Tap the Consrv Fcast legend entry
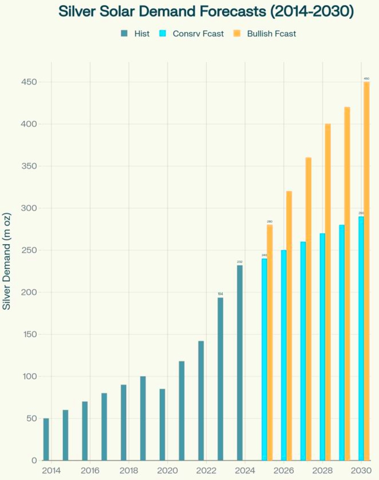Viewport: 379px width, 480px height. click(x=191, y=34)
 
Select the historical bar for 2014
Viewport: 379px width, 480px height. click(x=46, y=439)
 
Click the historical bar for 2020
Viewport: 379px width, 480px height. click(x=162, y=425)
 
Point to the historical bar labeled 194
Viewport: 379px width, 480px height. click(x=220, y=378)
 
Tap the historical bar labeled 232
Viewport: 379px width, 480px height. click(x=240, y=363)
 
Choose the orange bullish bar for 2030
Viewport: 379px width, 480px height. click(x=367, y=270)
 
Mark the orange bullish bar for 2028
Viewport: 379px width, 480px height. click(x=328, y=292)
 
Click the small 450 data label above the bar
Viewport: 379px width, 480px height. click(x=366, y=78)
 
